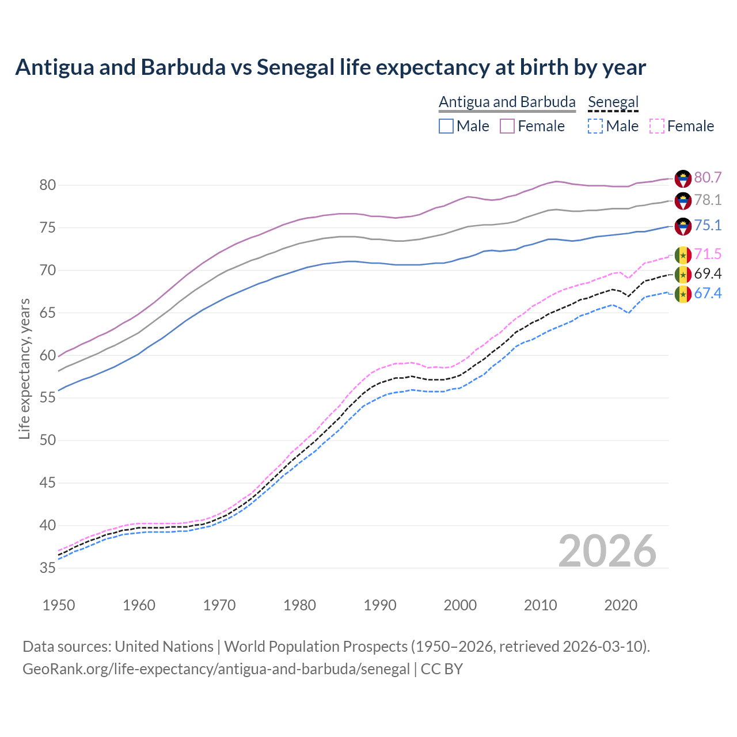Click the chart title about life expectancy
(330, 67)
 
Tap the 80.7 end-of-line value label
(708, 178)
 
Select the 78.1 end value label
(708, 200)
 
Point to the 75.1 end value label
(708, 226)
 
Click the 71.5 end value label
(708, 254)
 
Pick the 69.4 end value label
(708, 274)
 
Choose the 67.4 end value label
(708, 294)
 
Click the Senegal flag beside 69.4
(683, 275)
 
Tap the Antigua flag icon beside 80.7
(683, 178)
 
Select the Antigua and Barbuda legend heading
(507, 102)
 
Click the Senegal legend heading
(613, 102)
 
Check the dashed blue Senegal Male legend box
(595, 126)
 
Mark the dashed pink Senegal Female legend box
(656, 126)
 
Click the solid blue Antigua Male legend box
(446, 126)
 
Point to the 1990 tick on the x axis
(381, 605)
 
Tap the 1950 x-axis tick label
(59, 605)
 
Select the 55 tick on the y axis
(48, 398)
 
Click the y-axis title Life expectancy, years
(25, 368)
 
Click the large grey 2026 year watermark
(607, 551)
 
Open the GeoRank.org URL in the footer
(216, 669)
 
